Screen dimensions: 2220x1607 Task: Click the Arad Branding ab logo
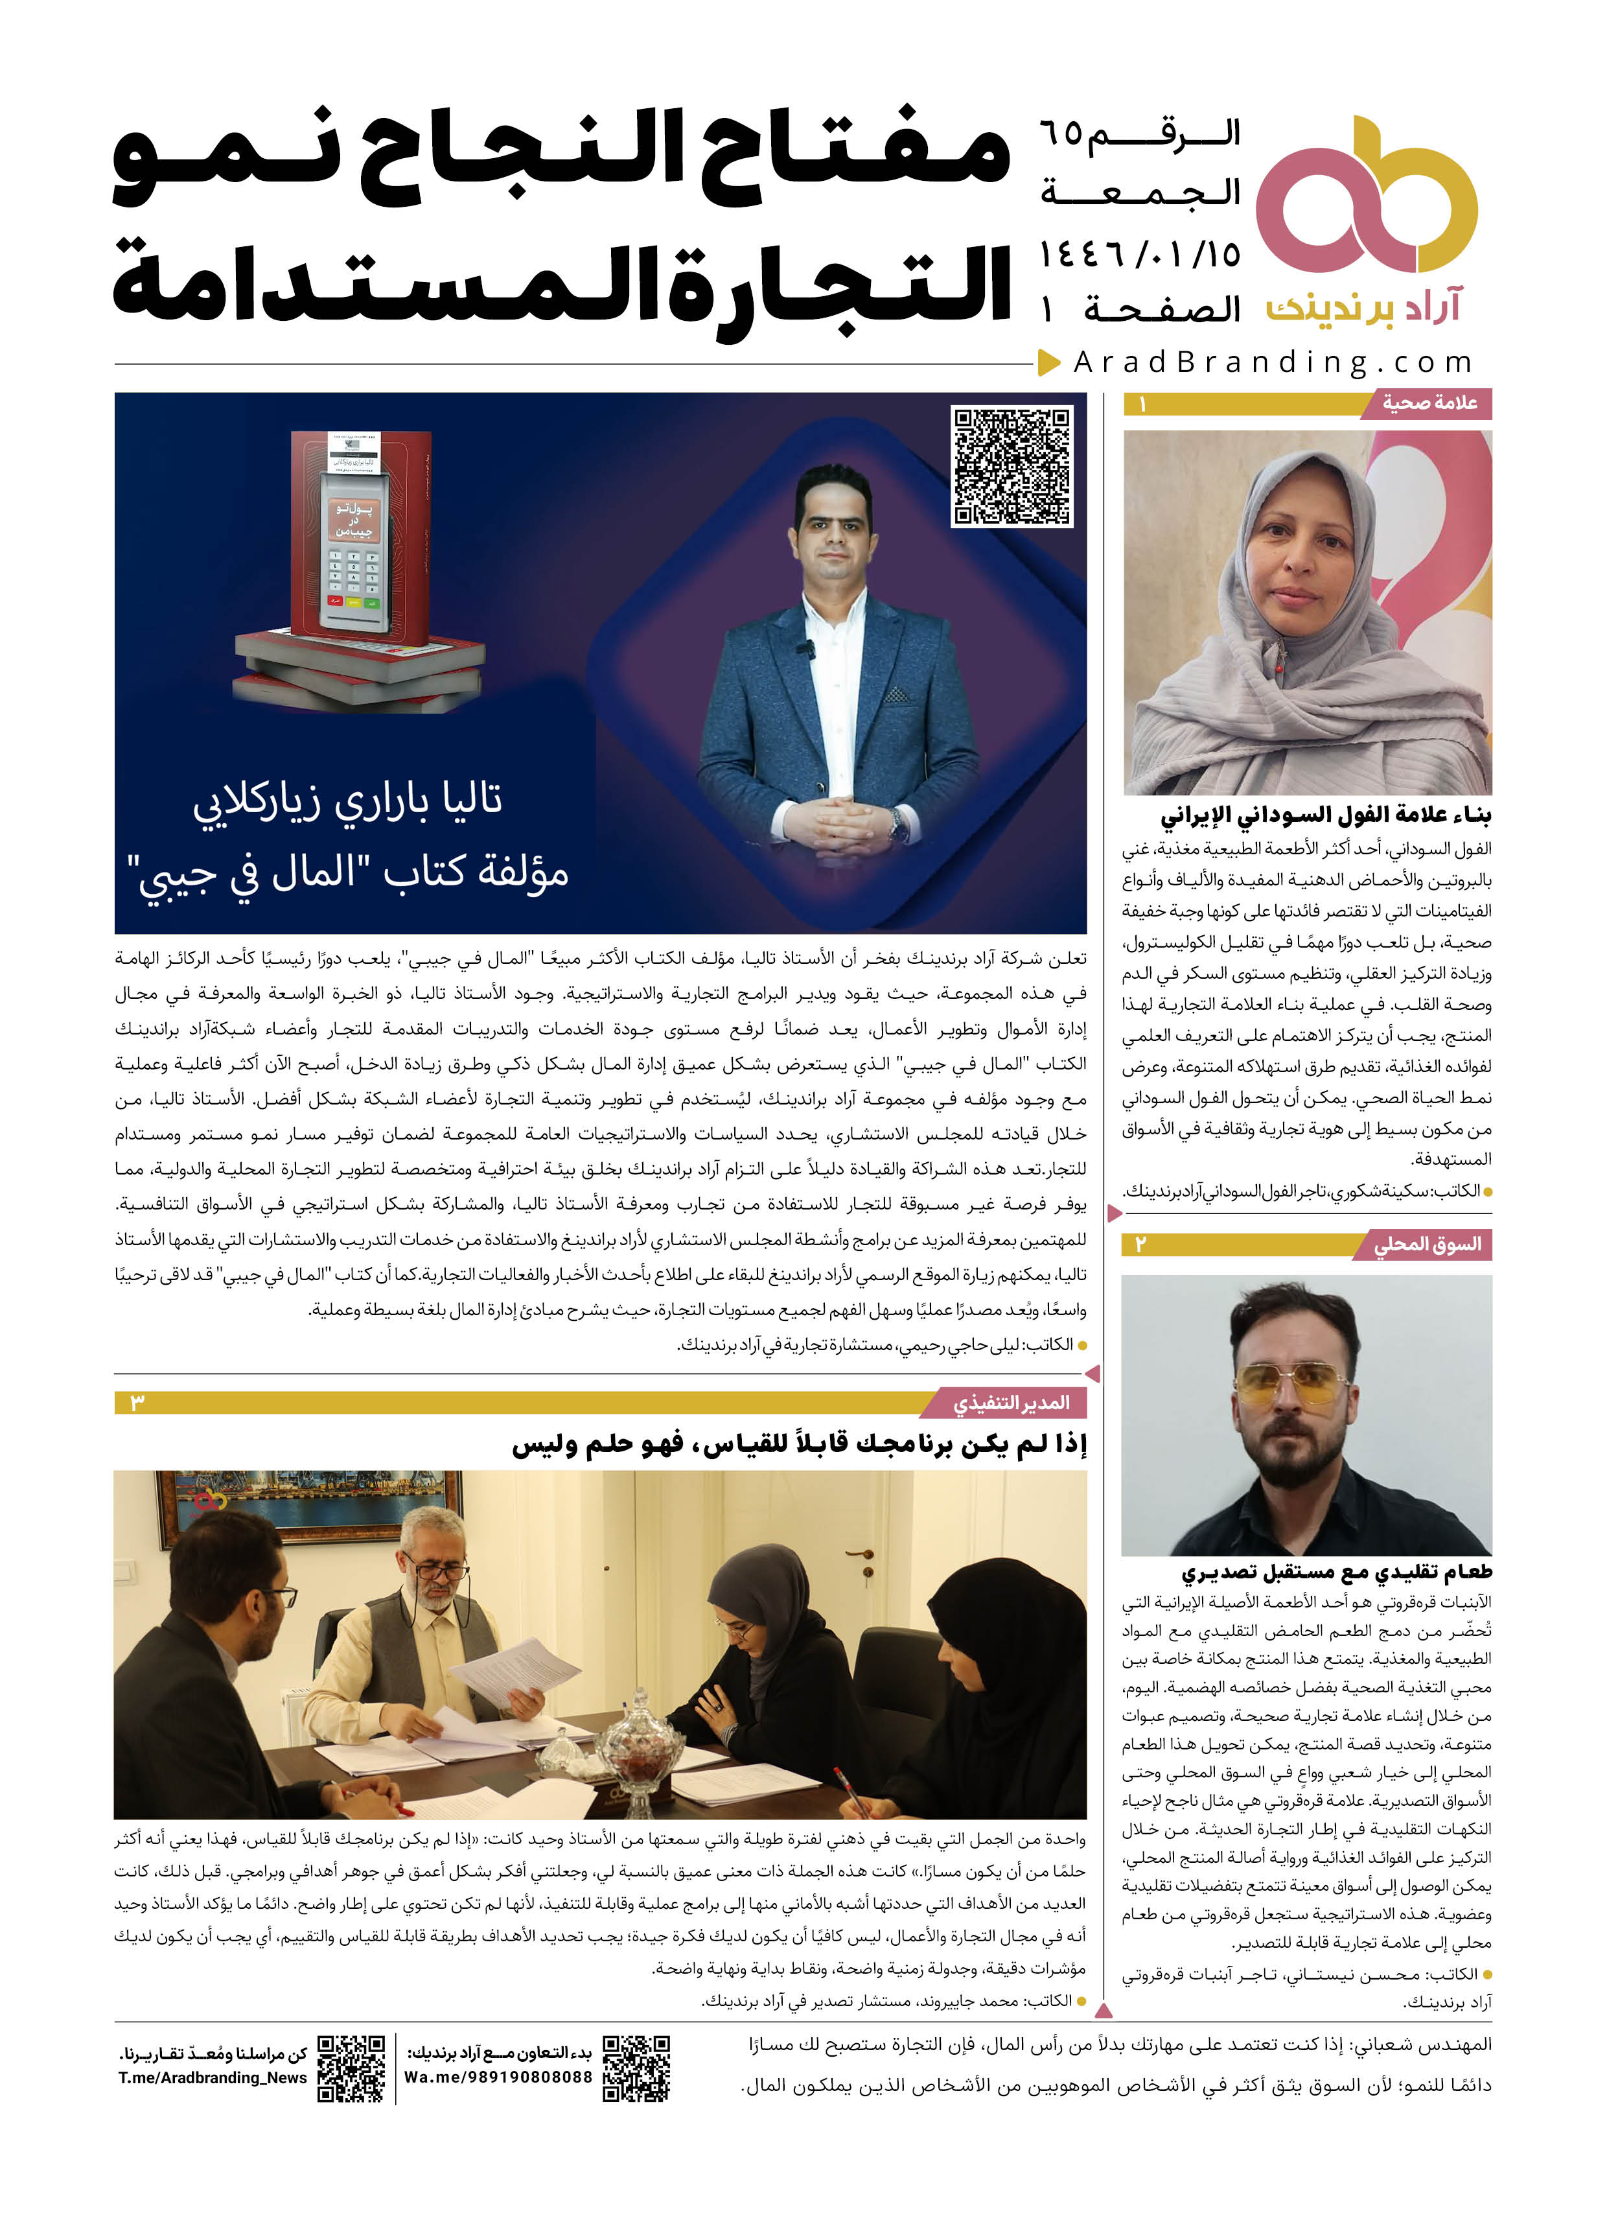coord(1365,196)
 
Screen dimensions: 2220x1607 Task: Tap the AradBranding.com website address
coord(1272,363)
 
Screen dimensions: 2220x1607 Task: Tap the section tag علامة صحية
coord(1429,403)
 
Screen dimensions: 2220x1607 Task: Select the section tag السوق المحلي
coord(1427,1244)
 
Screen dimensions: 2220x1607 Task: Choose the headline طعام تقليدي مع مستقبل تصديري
coord(1336,1572)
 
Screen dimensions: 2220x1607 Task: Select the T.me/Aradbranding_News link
coord(213,2078)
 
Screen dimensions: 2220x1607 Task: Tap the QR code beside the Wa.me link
coord(636,2067)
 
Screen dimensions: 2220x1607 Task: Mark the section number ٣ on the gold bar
coord(137,1403)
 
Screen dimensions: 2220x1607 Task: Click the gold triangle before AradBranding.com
coord(1049,362)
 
